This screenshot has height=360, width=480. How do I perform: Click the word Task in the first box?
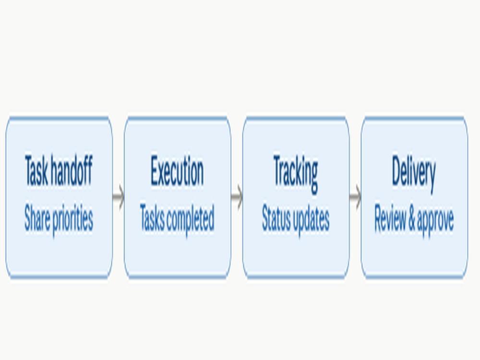pos(36,170)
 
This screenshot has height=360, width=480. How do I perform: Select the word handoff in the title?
pos(72,170)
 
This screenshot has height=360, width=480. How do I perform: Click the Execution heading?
pos(177,170)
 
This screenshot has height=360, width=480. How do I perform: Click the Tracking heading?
pos(295,173)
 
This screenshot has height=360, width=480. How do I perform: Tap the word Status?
pos(276,218)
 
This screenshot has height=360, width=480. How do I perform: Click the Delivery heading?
pos(414,173)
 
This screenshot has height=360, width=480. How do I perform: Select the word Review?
pos(389,218)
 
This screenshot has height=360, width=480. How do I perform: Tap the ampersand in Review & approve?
pos(411,218)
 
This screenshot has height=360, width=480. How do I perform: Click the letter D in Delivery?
pos(398,170)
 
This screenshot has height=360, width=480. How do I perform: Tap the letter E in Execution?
pos(155,170)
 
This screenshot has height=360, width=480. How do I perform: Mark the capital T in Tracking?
pos(278,170)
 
